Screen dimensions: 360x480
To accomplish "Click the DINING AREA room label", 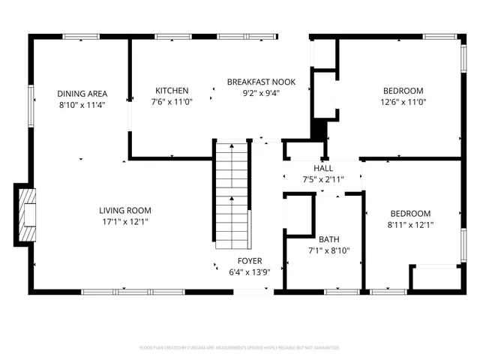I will tap(81, 94).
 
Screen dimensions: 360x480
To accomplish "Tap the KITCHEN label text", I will tap(172, 91).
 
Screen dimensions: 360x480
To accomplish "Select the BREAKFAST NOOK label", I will tap(261, 82).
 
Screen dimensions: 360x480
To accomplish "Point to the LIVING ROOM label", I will tap(125, 211).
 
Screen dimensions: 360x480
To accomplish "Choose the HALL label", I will tap(323, 168).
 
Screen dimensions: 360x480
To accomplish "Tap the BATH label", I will tap(328, 240).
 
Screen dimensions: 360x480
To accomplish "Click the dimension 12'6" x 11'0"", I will tap(403, 102).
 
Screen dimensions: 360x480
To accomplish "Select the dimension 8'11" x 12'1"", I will tap(410, 224).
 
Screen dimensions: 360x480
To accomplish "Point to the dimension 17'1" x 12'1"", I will tap(125, 222).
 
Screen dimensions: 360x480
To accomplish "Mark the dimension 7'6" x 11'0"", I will tap(172, 102).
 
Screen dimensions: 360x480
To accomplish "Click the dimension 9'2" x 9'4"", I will tap(261, 94).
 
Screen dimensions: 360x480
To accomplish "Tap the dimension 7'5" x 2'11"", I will tap(323, 180).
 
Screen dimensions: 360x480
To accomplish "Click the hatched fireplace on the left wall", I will tap(25, 214).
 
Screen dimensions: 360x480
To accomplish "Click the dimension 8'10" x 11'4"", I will tap(81, 105).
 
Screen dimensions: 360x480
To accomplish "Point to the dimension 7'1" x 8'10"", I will tap(328, 251).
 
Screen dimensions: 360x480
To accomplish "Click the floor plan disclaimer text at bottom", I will tap(240, 348).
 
